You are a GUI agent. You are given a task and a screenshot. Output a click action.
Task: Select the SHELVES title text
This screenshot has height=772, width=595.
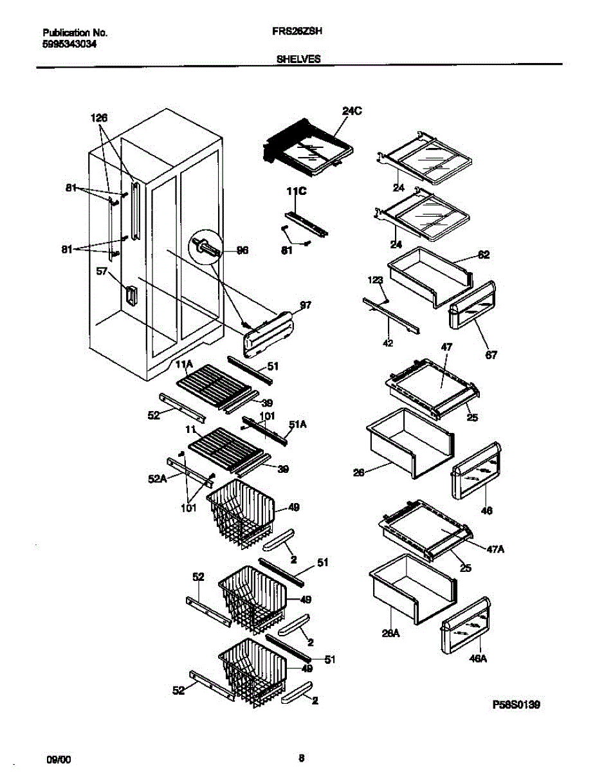pos(298,58)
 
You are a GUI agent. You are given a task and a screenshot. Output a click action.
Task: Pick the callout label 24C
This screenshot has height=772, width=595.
pos(352,111)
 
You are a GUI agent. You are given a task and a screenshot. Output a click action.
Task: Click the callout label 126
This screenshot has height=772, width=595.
pos(98,118)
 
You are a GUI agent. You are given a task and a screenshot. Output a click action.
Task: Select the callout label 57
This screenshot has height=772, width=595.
pos(102,272)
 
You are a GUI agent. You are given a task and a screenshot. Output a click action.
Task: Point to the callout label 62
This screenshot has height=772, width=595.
pos(484,255)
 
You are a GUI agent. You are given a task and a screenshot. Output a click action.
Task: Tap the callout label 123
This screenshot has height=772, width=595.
pos(376,280)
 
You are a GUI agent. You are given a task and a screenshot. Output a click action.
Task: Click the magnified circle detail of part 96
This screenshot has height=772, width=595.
pos(204,248)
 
